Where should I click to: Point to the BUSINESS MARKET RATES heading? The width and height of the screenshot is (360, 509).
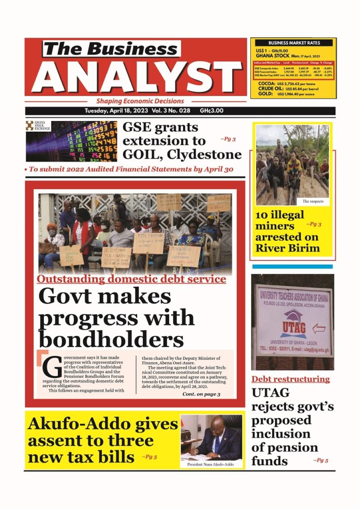(293, 43)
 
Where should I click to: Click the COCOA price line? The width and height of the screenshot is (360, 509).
(292, 82)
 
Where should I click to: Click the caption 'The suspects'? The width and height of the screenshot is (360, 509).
(313, 201)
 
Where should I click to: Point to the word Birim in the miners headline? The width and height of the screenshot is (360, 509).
(302, 248)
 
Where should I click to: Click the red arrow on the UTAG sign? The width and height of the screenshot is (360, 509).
(319, 329)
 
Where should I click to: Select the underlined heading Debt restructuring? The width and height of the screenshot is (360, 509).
(291, 379)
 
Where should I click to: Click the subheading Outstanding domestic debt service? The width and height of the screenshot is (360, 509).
(131, 280)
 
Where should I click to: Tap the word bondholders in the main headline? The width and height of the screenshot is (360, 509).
(111, 339)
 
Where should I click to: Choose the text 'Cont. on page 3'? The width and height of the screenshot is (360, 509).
(201, 394)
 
